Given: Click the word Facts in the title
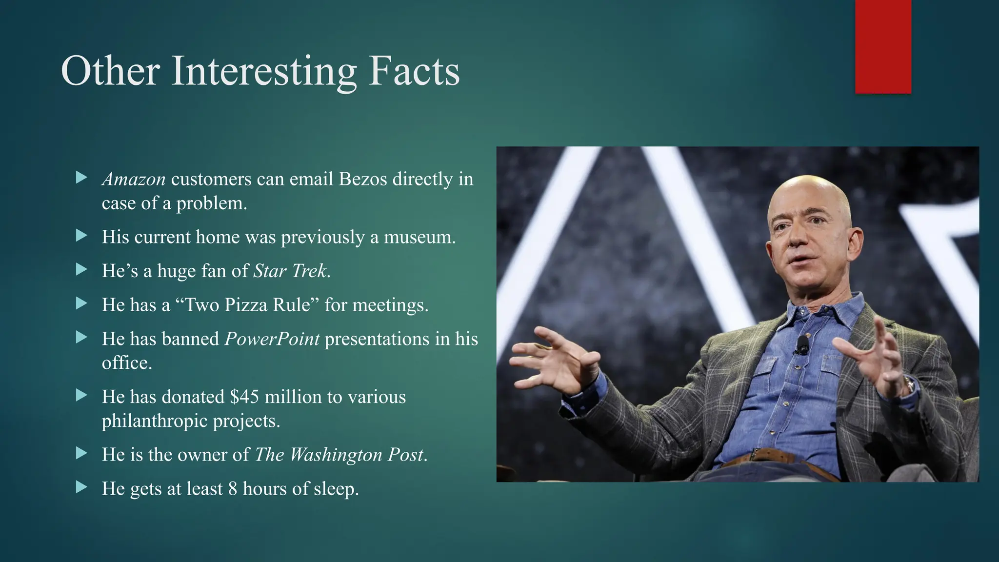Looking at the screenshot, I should click(x=414, y=71).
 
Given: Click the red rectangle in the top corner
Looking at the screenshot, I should click(x=883, y=47).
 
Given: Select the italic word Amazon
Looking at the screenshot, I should click(x=134, y=180).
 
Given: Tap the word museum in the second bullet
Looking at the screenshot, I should click(x=419, y=237).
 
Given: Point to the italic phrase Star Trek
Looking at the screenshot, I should click(x=290, y=271).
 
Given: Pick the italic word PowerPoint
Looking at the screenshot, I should click(x=272, y=339).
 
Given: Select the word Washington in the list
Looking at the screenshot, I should click(x=336, y=455).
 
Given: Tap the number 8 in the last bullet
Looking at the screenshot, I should click(x=233, y=489).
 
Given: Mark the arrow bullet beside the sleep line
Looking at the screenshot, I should click(x=81, y=487).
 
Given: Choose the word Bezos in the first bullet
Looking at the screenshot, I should click(x=363, y=180).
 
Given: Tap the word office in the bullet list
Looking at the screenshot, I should click(x=126, y=363).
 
